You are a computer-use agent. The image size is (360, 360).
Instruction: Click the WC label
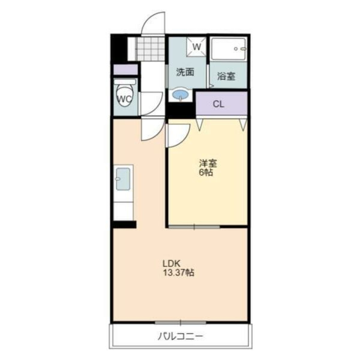(125, 99)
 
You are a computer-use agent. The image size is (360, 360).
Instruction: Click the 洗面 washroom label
(185, 72)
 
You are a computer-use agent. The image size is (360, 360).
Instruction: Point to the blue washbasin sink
(180, 94)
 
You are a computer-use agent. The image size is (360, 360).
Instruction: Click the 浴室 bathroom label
(226, 76)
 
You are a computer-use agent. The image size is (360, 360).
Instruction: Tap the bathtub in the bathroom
(228, 49)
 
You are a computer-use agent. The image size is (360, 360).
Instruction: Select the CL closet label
(219, 104)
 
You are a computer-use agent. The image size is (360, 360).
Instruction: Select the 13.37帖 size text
(178, 273)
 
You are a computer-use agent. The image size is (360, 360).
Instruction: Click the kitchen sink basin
(123, 179)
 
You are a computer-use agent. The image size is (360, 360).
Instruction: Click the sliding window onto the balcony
(180, 322)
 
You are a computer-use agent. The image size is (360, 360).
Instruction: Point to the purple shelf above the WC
(125, 70)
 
